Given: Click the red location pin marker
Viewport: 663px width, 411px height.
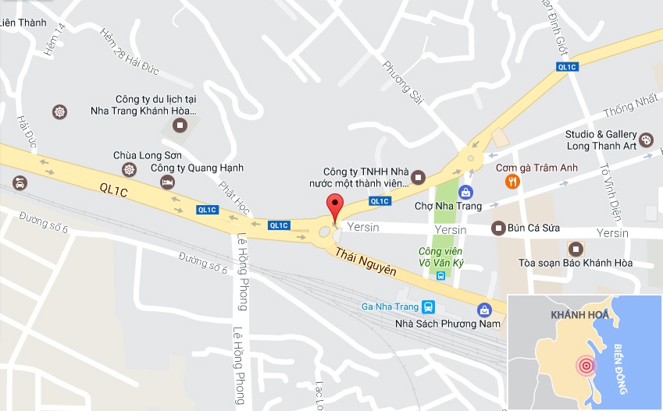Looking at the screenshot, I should click(x=335, y=207).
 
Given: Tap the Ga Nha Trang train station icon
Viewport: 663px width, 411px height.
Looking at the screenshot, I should click(x=427, y=306).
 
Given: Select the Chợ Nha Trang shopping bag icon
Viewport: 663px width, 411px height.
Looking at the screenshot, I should click(x=465, y=191).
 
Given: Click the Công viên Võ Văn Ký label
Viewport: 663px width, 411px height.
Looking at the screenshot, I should click(x=440, y=257).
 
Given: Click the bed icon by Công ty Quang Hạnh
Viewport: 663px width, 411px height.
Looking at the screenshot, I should click(x=167, y=182).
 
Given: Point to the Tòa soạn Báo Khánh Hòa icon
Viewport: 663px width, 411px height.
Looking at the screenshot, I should click(x=576, y=249).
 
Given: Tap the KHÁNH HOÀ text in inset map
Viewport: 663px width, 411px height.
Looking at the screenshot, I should click(x=579, y=314).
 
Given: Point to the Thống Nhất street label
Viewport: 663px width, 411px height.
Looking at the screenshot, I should click(x=631, y=112).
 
